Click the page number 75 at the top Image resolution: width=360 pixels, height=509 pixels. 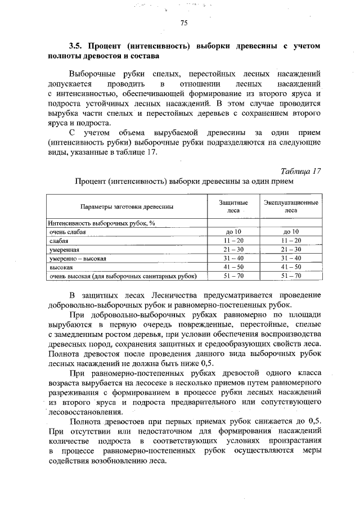pyautogui.click(x=183, y=23)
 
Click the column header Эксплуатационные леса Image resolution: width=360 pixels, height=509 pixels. pyautogui.click(x=290, y=206)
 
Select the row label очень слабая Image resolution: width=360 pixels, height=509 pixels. pyautogui.click(x=67, y=232)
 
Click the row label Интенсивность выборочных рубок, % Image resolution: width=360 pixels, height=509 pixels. pyautogui.click(x=101, y=223)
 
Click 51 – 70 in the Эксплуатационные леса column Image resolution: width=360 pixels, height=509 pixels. pyautogui.click(x=290, y=276)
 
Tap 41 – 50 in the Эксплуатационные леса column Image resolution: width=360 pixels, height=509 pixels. pyautogui.click(x=290, y=267)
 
